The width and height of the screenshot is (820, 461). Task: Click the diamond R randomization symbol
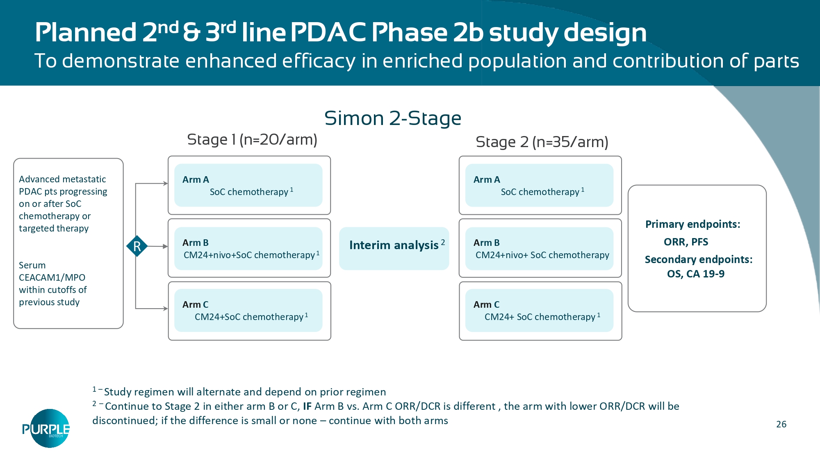137,246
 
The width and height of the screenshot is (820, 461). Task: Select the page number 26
781,424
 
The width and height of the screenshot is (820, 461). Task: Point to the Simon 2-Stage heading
392,118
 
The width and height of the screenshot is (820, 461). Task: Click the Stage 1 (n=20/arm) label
252,140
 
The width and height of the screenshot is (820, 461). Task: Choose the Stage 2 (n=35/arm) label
542,142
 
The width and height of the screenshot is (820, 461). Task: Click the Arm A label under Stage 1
196,179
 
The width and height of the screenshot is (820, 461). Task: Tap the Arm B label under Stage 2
486,243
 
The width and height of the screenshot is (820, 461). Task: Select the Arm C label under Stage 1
195,304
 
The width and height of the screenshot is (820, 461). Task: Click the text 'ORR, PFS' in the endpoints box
686,242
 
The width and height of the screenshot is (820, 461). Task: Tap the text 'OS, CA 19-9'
695,274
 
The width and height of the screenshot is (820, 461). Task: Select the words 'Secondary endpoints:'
698,259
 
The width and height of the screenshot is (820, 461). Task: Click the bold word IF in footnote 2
307,406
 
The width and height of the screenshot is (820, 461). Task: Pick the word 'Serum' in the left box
32,265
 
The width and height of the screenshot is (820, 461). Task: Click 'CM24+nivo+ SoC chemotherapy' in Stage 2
542,255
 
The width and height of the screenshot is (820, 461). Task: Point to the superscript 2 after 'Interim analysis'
443,242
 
